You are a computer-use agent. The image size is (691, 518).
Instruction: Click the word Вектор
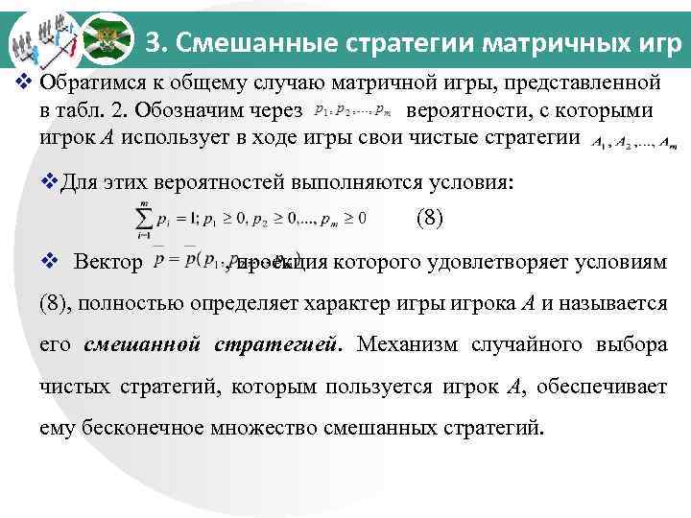[x=107, y=262]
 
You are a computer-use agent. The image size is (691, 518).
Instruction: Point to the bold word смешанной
[x=143, y=344]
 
